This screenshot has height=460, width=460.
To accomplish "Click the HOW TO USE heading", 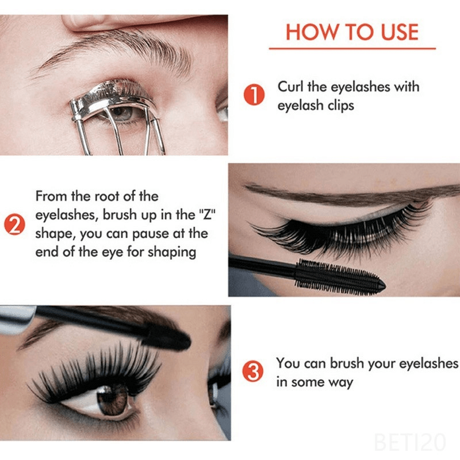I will (352, 32).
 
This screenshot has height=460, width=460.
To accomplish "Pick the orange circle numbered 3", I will (254, 372).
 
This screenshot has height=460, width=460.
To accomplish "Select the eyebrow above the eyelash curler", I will (115, 46).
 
